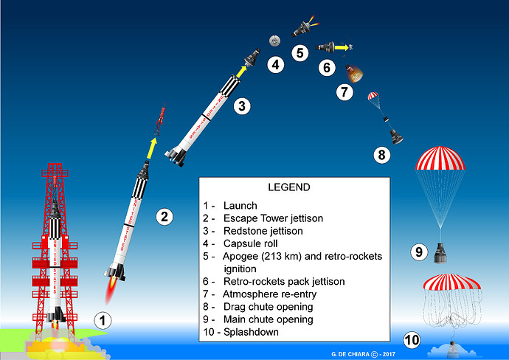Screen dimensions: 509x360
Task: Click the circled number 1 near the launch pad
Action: pyautogui.click(x=103, y=321)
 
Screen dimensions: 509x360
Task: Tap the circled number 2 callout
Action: pyautogui.click(x=165, y=217)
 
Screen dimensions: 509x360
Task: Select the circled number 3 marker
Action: pyautogui.click(x=242, y=105)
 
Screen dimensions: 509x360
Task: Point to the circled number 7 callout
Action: pyautogui.click(x=344, y=92)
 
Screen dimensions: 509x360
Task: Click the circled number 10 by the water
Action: pyautogui.click(x=412, y=340)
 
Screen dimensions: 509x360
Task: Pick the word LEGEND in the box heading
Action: pyautogui.click(x=289, y=187)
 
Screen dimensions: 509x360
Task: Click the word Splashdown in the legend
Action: pyautogui.click(x=251, y=332)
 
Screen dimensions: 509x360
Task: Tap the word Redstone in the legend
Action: pyautogui.click(x=243, y=231)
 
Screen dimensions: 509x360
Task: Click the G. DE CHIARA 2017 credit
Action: pyautogui.click(x=363, y=354)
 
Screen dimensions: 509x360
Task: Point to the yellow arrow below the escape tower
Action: pyautogui.click(x=152, y=148)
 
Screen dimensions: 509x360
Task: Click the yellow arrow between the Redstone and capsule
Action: pyautogui.click(x=241, y=72)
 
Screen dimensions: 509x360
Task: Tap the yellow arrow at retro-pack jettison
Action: pyautogui.click(x=342, y=47)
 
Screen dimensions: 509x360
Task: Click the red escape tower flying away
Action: pyautogui.click(x=160, y=119)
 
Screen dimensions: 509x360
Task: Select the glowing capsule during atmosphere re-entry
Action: pyautogui.click(x=354, y=73)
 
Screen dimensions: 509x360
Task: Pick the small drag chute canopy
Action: pyautogui.click(x=373, y=96)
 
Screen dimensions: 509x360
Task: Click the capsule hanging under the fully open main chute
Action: pyautogui.click(x=440, y=253)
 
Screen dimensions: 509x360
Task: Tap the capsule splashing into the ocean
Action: pyautogui.click(x=452, y=349)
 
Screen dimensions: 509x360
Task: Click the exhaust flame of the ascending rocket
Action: pyautogui.click(x=111, y=290)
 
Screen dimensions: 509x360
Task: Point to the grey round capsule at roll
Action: pyautogui.click(x=274, y=41)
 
